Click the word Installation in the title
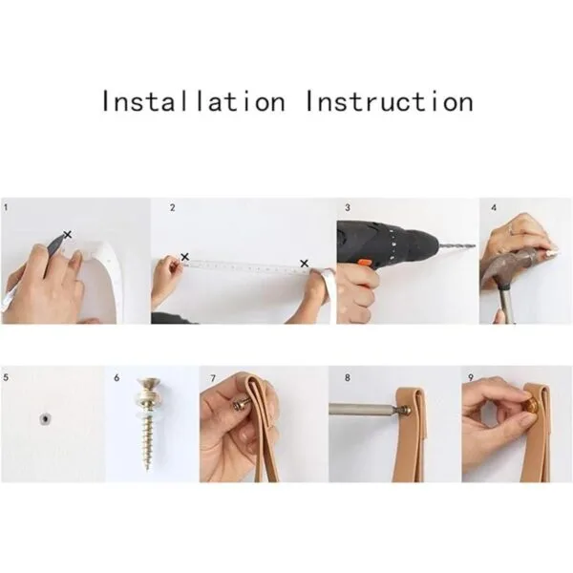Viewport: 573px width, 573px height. [x=194, y=101]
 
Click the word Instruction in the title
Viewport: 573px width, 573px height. [x=390, y=101]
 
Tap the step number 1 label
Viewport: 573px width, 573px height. [x=6, y=207]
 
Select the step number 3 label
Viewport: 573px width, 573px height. [x=348, y=207]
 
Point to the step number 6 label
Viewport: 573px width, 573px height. [x=117, y=377]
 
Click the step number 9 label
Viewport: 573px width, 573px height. [x=471, y=377]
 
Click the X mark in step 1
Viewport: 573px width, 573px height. [x=67, y=234]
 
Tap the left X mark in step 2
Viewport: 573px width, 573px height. [x=185, y=257]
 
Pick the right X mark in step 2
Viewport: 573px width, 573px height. [x=304, y=264]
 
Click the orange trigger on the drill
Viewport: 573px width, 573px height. [x=365, y=263]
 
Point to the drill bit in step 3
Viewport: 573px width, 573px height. [x=456, y=246]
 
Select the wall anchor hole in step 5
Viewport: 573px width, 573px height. [x=45, y=419]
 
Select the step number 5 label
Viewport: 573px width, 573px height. [x=6, y=377]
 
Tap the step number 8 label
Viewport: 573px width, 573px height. [x=348, y=377]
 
